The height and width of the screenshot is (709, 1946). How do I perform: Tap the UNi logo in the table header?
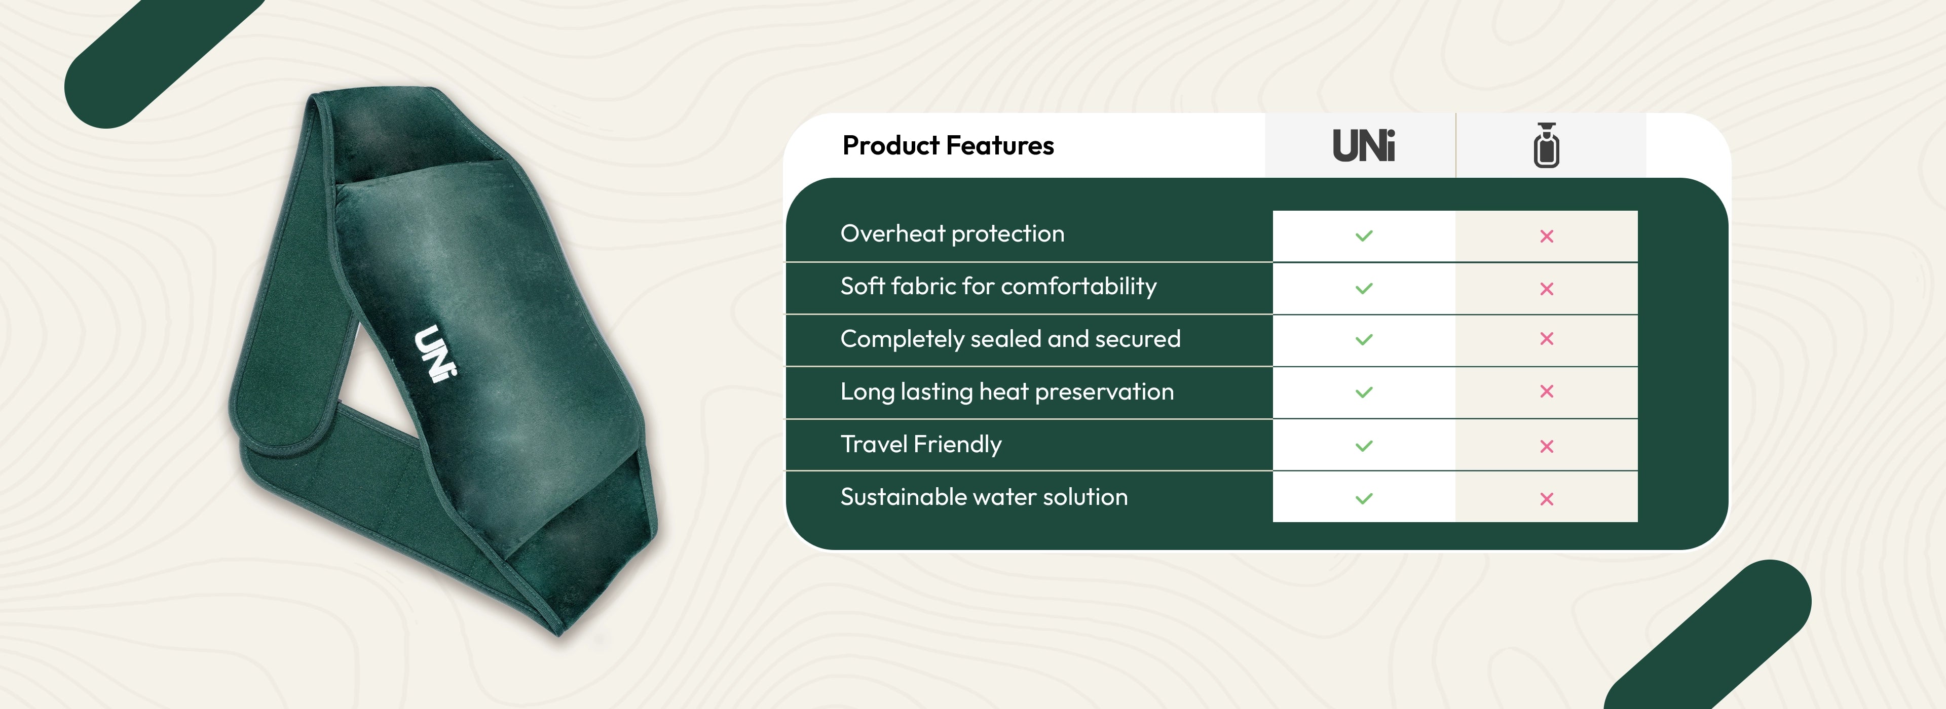(1364, 146)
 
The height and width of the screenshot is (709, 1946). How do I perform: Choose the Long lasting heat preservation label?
(1007, 392)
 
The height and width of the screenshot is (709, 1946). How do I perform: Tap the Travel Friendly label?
(921, 445)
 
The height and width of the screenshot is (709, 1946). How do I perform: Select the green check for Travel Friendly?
(1364, 446)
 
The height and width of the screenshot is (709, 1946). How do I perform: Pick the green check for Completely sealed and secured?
(1364, 340)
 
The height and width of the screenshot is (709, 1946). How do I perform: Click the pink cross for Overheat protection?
(1546, 237)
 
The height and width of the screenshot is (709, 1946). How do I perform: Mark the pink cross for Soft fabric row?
(1546, 289)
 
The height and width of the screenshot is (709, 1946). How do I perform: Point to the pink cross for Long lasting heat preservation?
(1546, 391)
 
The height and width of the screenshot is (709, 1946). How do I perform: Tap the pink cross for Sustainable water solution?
(1546, 499)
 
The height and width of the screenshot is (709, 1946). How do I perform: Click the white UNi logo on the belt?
(436, 354)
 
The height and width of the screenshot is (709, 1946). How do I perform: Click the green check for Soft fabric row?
(1364, 289)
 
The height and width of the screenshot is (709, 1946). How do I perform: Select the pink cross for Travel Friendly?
(1546, 446)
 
